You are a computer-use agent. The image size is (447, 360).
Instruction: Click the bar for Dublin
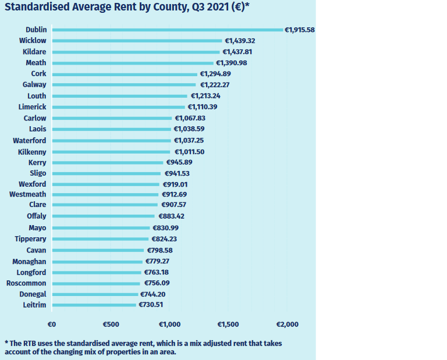[x=167, y=30]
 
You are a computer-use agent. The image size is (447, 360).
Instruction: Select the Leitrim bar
[x=94, y=305]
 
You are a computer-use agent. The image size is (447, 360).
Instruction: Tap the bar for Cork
[x=125, y=74]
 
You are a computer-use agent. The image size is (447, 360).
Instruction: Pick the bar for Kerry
[x=108, y=163]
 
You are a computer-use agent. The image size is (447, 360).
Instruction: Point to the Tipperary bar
[x=100, y=239]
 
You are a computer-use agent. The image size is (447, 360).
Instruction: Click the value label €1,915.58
[x=299, y=30]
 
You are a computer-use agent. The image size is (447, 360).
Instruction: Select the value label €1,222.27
[x=215, y=85]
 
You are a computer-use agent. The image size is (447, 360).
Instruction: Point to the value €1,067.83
[x=190, y=118]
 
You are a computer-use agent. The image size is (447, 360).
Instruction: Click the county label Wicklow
[x=33, y=41]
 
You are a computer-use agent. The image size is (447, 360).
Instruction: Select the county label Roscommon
[x=26, y=283]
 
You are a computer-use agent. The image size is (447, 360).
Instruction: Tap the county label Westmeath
[x=28, y=194]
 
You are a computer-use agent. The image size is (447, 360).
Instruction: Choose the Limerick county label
[x=33, y=107]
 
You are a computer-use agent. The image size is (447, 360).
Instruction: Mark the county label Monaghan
[x=29, y=262]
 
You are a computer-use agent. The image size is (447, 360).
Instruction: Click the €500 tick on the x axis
[x=111, y=324]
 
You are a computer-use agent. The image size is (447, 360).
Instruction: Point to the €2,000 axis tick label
[x=287, y=324]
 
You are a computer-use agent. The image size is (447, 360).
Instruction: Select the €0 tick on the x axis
[x=51, y=324]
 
